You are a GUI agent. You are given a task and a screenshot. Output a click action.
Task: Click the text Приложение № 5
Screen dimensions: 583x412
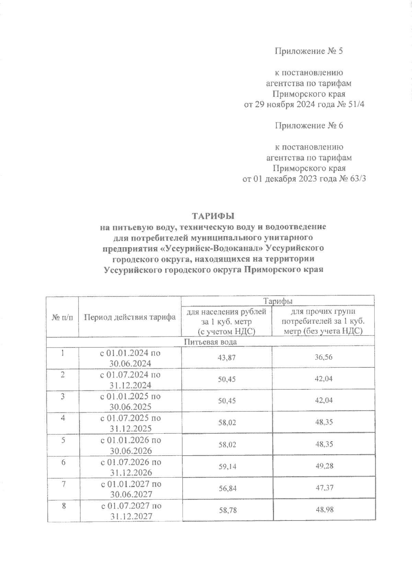point(309,51)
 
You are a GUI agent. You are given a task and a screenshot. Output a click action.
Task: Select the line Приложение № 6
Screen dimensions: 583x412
point(309,126)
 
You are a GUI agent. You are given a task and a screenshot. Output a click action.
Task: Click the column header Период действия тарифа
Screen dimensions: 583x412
point(130,317)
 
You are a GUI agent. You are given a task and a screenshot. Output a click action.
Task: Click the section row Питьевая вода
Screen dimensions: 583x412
point(210,342)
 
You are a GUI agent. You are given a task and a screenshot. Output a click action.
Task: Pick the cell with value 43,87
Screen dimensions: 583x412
point(227,357)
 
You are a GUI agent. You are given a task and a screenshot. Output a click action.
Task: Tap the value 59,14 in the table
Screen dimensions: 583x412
point(227,466)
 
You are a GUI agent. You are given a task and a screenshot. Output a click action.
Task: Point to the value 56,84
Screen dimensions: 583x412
point(227,488)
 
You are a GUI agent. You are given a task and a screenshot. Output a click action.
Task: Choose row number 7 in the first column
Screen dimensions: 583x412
point(63,484)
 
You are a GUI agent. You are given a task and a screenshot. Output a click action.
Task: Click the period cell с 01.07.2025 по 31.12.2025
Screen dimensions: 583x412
point(130,423)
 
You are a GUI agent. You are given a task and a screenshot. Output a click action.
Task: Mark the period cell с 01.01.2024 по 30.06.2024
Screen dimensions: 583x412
point(130,358)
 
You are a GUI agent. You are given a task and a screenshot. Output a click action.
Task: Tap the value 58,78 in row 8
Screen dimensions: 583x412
point(227,510)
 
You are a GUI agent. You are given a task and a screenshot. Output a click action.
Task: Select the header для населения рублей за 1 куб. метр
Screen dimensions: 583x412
point(227,321)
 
